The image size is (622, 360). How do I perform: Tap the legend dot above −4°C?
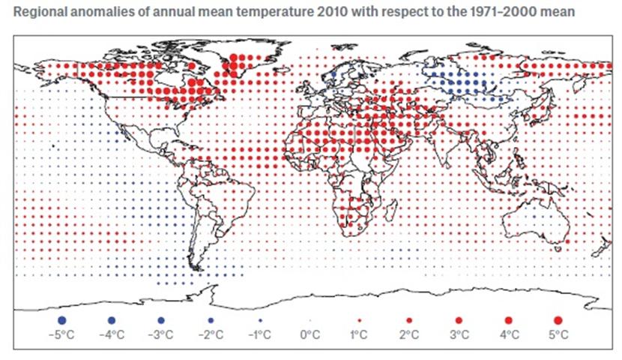pos(112,320)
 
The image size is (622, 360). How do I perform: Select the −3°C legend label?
pos(160,334)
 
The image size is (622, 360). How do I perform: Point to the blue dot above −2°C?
pos(211,320)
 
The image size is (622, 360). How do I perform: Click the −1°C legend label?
pos(259,334)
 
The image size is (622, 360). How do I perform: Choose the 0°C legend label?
pos(310,334)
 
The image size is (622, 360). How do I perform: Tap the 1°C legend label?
pos(359,334)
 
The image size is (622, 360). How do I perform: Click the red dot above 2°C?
pos(409,320)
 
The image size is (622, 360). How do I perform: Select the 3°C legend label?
pos(459,334)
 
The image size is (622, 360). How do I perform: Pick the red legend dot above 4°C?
pos(508,320)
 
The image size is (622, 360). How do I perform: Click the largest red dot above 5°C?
pos(558,320)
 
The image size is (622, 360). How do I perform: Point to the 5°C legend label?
pos(558,334)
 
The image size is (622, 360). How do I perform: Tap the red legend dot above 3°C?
pos(459,320)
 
